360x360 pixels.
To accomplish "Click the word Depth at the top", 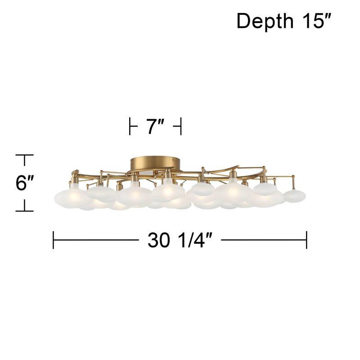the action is click(x=265, y=21).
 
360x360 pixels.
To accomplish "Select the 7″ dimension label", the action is click(x=156, y=126).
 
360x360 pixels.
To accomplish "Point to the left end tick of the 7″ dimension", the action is click(x=130, y=126).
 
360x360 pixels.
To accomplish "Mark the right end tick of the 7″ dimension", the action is click(x=181, y=126).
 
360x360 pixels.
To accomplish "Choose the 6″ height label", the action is click(x=25, y=183).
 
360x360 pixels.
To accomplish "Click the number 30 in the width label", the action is click(x=159, y=240).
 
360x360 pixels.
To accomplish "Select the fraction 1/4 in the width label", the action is click(x=193, y=240).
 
